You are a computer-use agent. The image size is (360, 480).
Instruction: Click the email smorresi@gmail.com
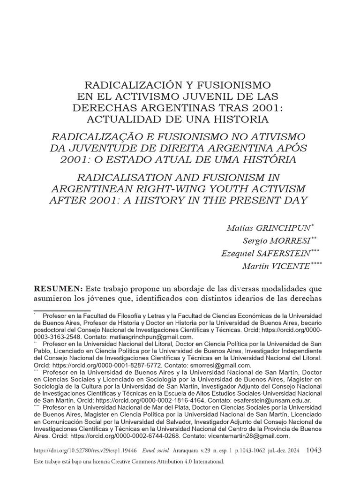[x=218, y=365]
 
